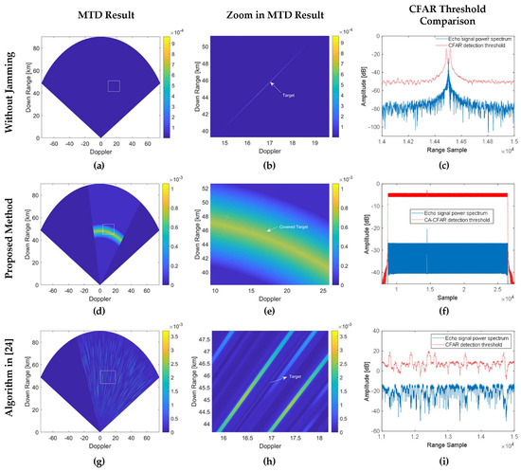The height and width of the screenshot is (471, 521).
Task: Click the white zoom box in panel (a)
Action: click(x=114, y=86)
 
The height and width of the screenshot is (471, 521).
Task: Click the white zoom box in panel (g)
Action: click(x=108, y=376)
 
